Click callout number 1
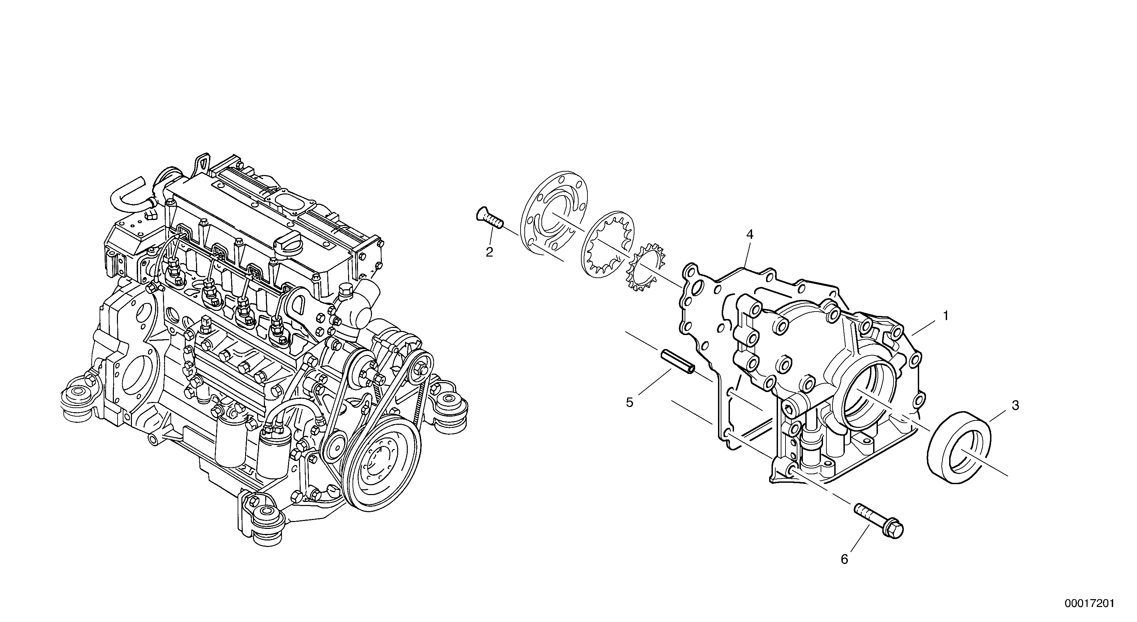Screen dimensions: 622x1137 (946, 316)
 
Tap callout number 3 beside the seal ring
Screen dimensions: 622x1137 (1015, 406)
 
